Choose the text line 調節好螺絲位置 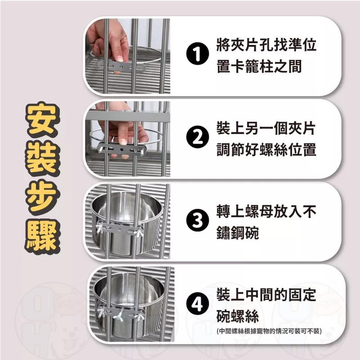click(265, 149)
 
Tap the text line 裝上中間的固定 click(265, 295)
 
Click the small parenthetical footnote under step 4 click(268, 332)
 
